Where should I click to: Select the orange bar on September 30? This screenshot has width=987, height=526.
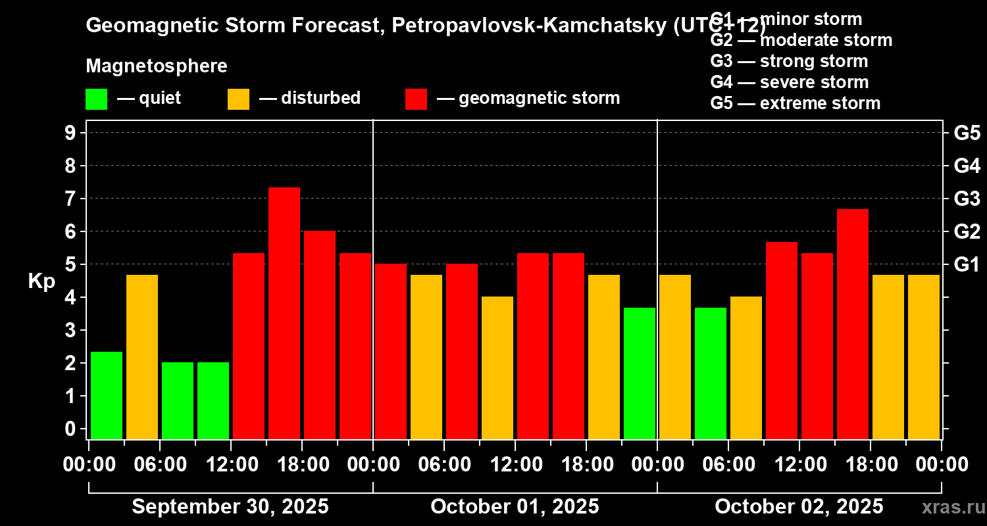(x=142, y=356)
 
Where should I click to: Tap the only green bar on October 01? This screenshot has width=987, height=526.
(x=640, y=373)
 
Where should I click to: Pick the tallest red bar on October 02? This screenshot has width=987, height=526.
(x=853, y=323)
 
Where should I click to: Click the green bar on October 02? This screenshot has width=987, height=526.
(x=711, y=373)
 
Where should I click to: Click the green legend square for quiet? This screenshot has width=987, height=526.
(x=96, y=99)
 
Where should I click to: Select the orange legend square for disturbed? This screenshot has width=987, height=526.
(x=238, y=99)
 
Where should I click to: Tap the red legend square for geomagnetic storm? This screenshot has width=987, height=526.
(x=416, y=99)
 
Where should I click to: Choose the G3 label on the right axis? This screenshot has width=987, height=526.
(x=967, y=199)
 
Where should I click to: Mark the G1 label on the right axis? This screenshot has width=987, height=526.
(x=967, y=264)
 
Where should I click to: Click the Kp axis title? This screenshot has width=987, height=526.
(x=41, y=281)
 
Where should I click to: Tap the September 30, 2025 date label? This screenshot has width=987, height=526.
(x=230, y=507)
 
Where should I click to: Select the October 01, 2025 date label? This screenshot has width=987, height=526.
(x=515, y=507)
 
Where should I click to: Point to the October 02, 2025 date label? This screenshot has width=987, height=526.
(x=799, y=507)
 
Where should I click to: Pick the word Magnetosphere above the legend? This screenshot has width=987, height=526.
(x=157, y=66)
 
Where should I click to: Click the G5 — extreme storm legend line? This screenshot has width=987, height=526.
(x=795, y=103)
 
